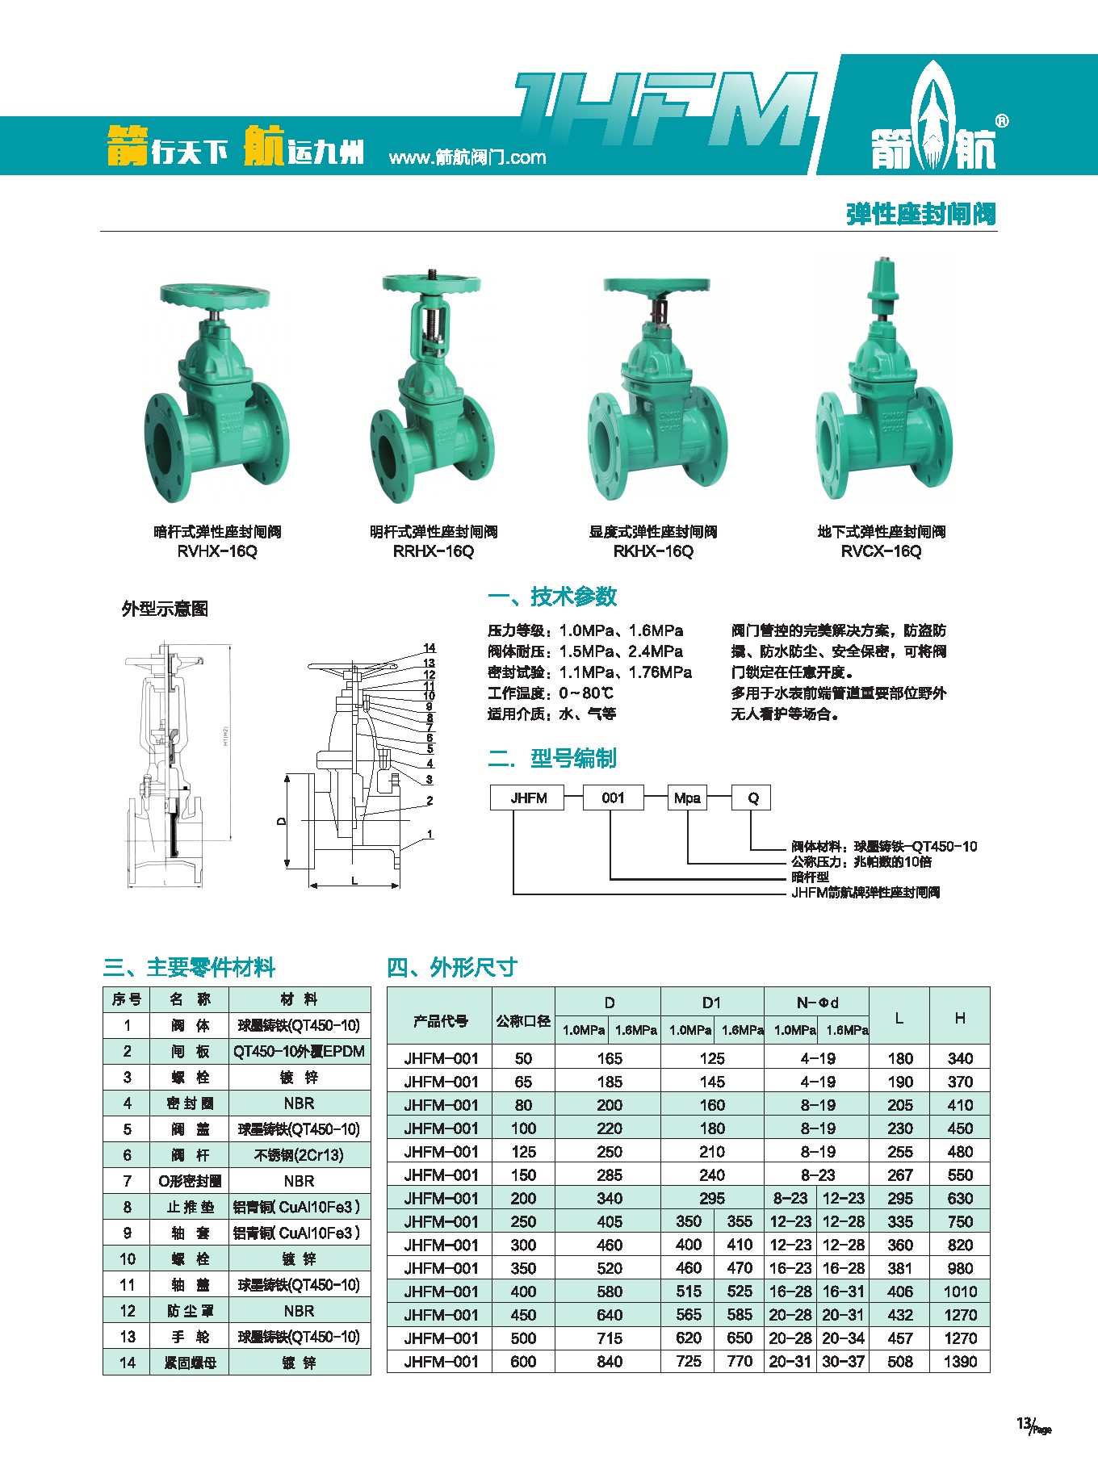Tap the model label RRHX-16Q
tap(434, 551)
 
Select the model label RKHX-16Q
tap(653, 551)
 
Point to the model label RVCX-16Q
tap(881, 551)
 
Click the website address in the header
tap(467, 157)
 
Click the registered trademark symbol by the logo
tap(1002, 121)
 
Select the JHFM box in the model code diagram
tap(529, 798)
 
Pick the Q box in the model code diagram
tap(752, 798)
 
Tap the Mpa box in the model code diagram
tap(687, 798)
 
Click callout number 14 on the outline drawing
tap(430, 648)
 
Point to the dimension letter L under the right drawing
tap(354, 881)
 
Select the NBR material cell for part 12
tap(299, 1311)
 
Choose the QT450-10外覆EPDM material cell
tap(299, 1052)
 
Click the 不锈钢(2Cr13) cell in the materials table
tap(299, 1155)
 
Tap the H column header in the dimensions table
tap(960, 1018)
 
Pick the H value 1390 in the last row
tap(960, 1362)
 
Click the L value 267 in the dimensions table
tap(900, 1175)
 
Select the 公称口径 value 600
tap(523, 1362)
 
